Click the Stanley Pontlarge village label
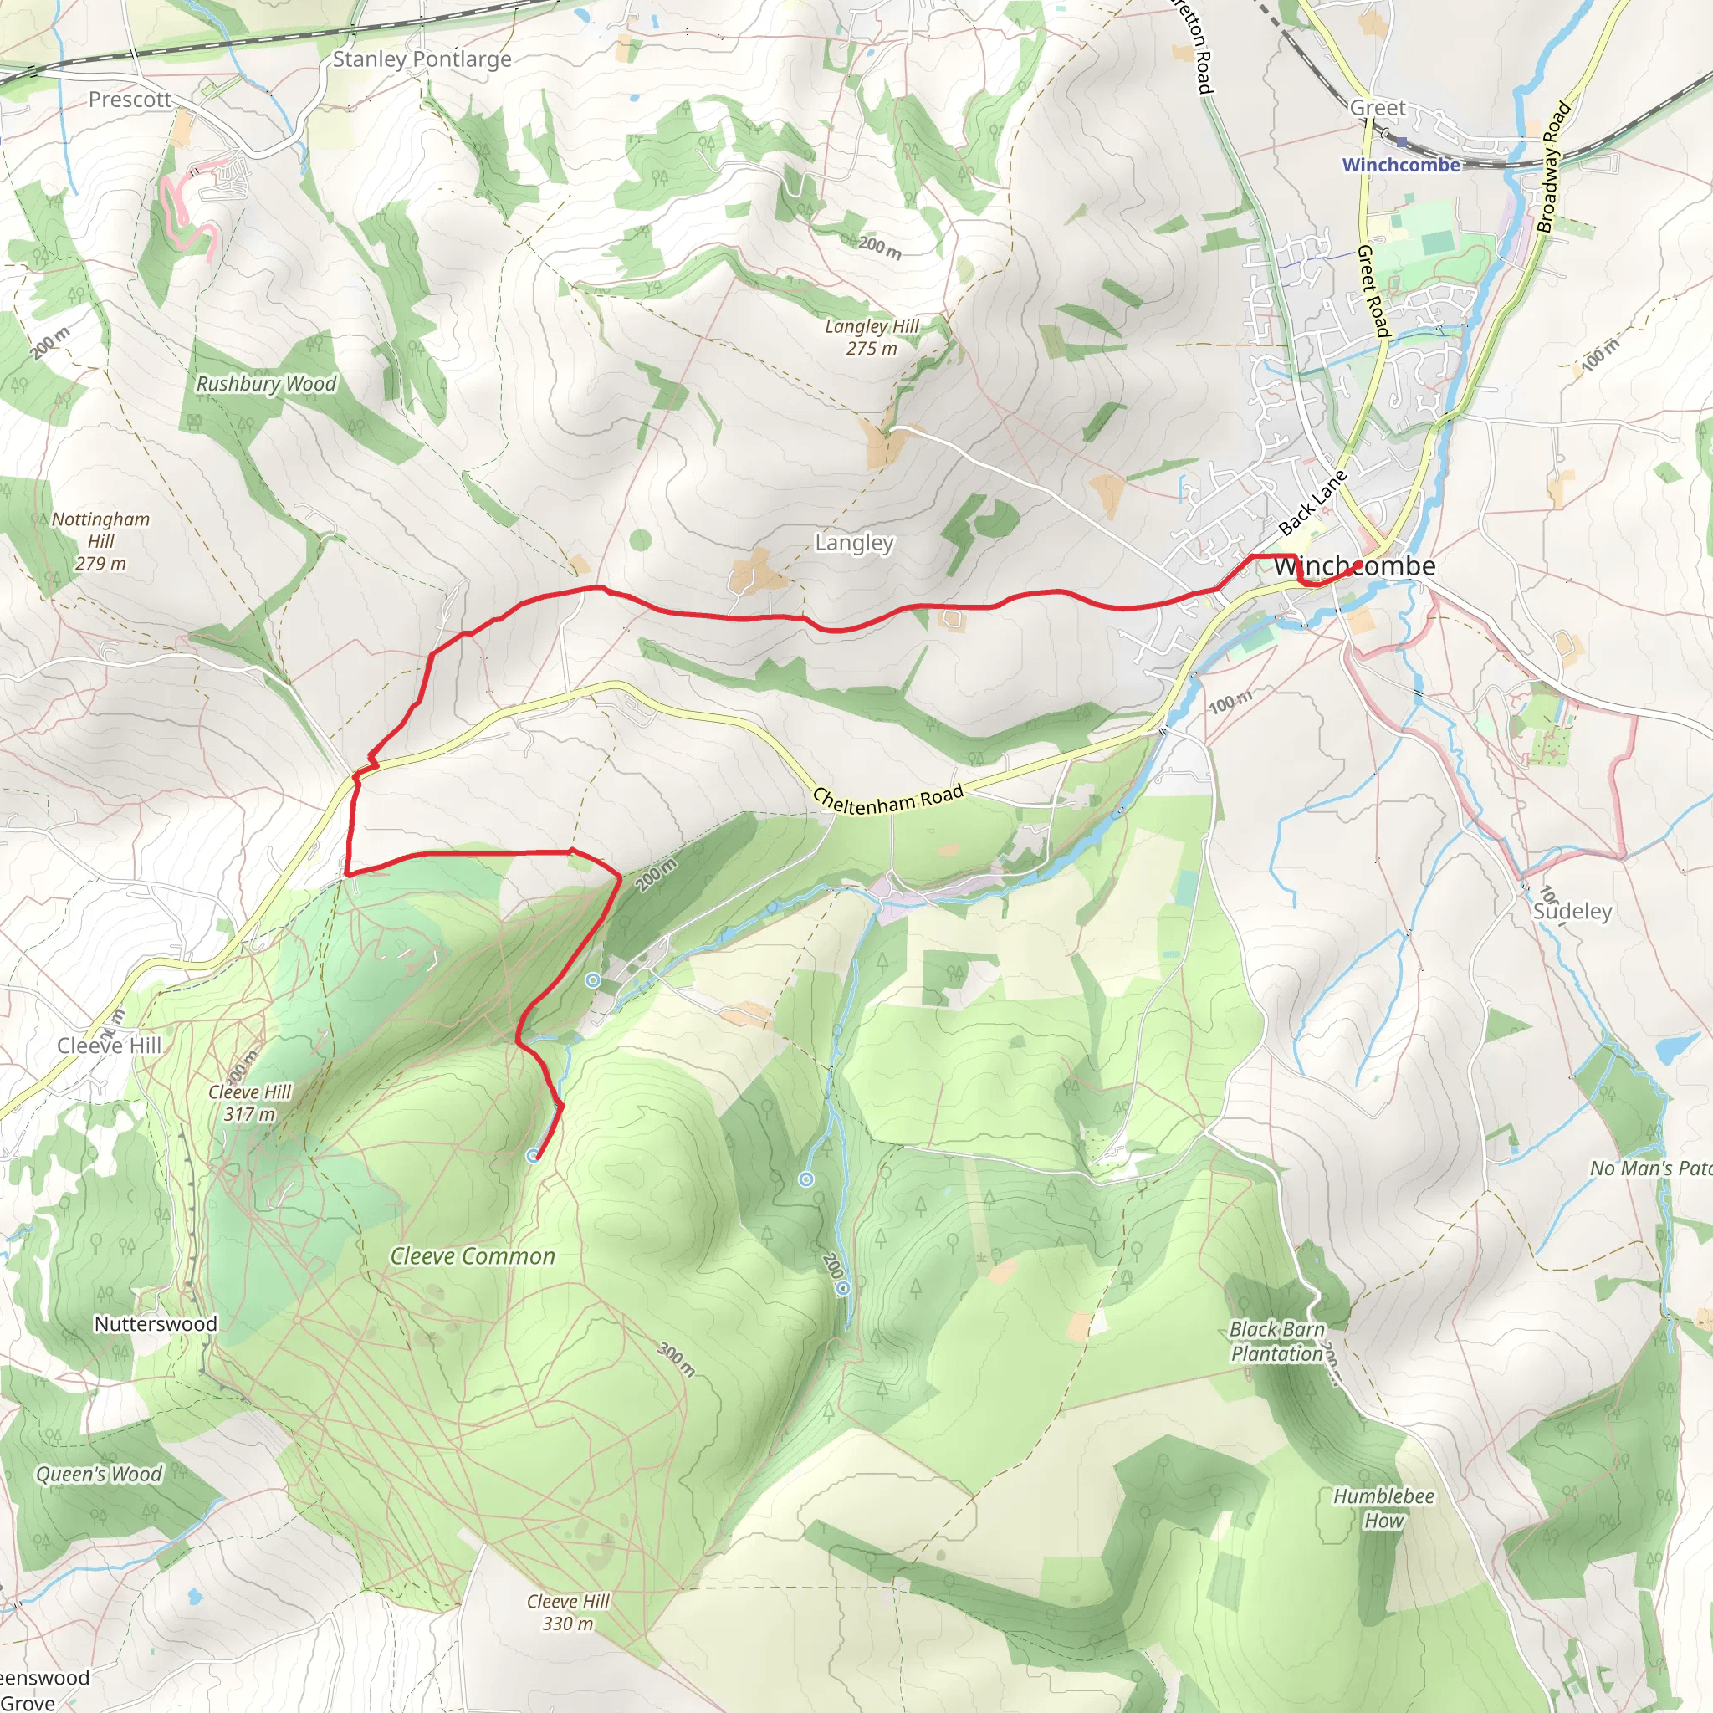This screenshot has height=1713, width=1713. pyautogui.click(x=422, y=59)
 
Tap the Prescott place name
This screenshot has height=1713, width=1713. pyautogui.click(x=130, y=100)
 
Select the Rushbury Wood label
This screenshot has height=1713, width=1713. pyautogui.click(x=266, y=384)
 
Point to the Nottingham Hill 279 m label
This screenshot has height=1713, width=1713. pyautogui.click(x=100, y=541)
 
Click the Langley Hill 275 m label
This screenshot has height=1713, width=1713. pyautogui.click(x=872, y=337)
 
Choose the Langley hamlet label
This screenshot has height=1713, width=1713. pyautogui.click(x=854, y=543)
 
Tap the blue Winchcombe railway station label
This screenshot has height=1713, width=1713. pyautogui.click(x=1401, y=165)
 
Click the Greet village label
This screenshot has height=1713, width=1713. pyautogui.click(x=1377, y=108)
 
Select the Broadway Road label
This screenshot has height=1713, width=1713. pyautogui.click(x=1554, y=168)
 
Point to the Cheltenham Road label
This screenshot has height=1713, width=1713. pyautogui.click(x=887, y=799)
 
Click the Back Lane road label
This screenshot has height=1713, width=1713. pyautogui.click(x=1312, y=504)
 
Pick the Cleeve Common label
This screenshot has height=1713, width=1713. pyautogui.click(x=473, y=1256)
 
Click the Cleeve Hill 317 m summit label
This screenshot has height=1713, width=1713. pyautogui.click(x=249, y=1103)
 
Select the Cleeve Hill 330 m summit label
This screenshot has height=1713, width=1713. pyautogui.click(x=567, y=1612)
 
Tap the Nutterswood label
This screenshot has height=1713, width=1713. pyautogui.click(x=156, y=1324)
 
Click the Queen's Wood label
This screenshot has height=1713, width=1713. pyautogui.click(x=100, y=1474)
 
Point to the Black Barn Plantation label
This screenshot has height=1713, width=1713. pyautogui.click(x=1276, y=1342)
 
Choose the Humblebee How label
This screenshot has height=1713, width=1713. pyautogui.click(x=1383, y=1507)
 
